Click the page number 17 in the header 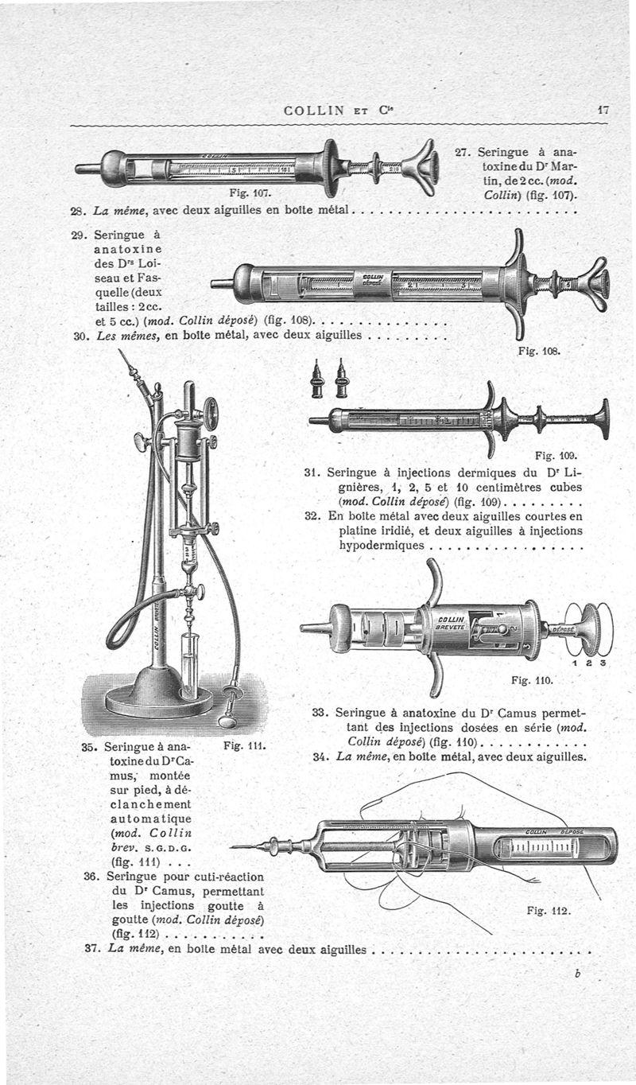[603, 111]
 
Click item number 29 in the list [79, 235]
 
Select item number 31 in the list [312, 472]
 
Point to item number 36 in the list [91, 876]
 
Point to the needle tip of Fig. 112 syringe [233, 846]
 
